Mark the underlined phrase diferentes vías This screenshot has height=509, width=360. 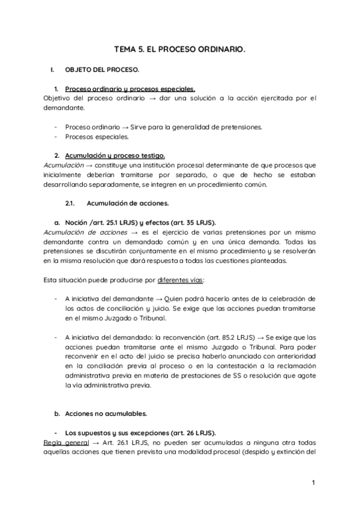(x=181, y=280)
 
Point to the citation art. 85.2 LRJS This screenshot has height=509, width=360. (x=218, y=337)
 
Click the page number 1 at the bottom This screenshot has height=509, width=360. (x=313, y=483)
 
